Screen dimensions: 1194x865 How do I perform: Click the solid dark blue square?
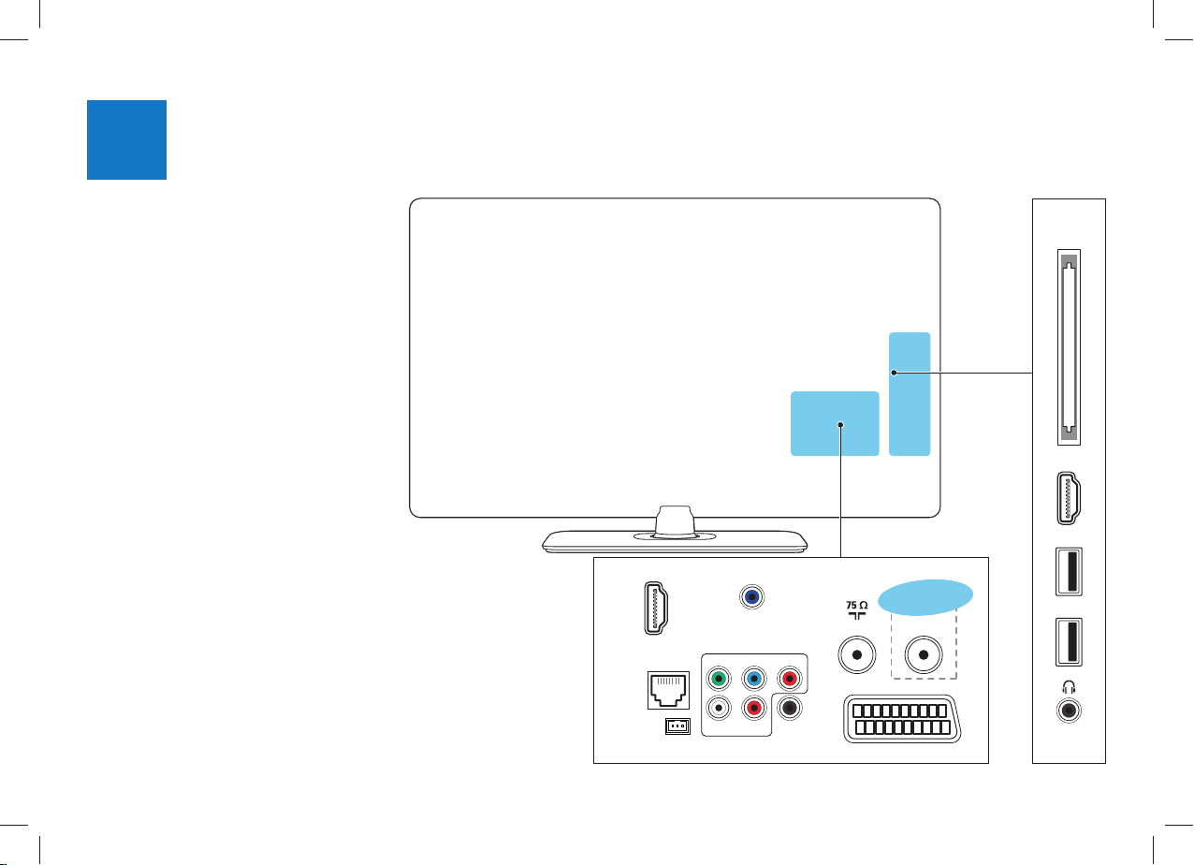[x=126, y=139]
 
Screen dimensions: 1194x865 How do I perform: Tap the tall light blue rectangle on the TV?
[x=910, y=394]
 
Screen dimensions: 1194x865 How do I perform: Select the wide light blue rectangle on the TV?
[x=835, y=423]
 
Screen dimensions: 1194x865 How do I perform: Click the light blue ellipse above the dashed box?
[x=925, y=597]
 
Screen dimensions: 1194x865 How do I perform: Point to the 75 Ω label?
[x=856, y=606]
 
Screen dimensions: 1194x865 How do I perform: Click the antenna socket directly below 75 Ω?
[x=857, y=655]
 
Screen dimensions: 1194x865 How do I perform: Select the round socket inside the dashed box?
[x=924, y=655]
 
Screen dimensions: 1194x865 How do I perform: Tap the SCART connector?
[x=902, y=719]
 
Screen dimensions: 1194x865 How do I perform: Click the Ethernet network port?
[x=668, y=691]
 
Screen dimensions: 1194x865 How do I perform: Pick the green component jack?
[x=719, y=679]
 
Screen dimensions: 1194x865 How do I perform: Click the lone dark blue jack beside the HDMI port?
[x=751, y=596]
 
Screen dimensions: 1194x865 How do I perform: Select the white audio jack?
[x=719, y=709]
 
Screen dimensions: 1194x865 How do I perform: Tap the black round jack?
[x=790, y=709]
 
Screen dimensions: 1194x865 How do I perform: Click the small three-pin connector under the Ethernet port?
[x=678, y=726]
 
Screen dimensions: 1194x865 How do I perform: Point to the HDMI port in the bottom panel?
[x=656, y=608]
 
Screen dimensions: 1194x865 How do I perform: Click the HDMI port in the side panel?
[x=1069, y=498]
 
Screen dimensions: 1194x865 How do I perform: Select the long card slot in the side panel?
[x=1069, y=347]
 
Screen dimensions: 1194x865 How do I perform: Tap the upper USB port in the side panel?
[x=1069, y=571]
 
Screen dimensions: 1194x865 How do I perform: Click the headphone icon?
[x=1069, y=687]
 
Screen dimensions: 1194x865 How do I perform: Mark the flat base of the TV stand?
[x=675, y=542]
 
